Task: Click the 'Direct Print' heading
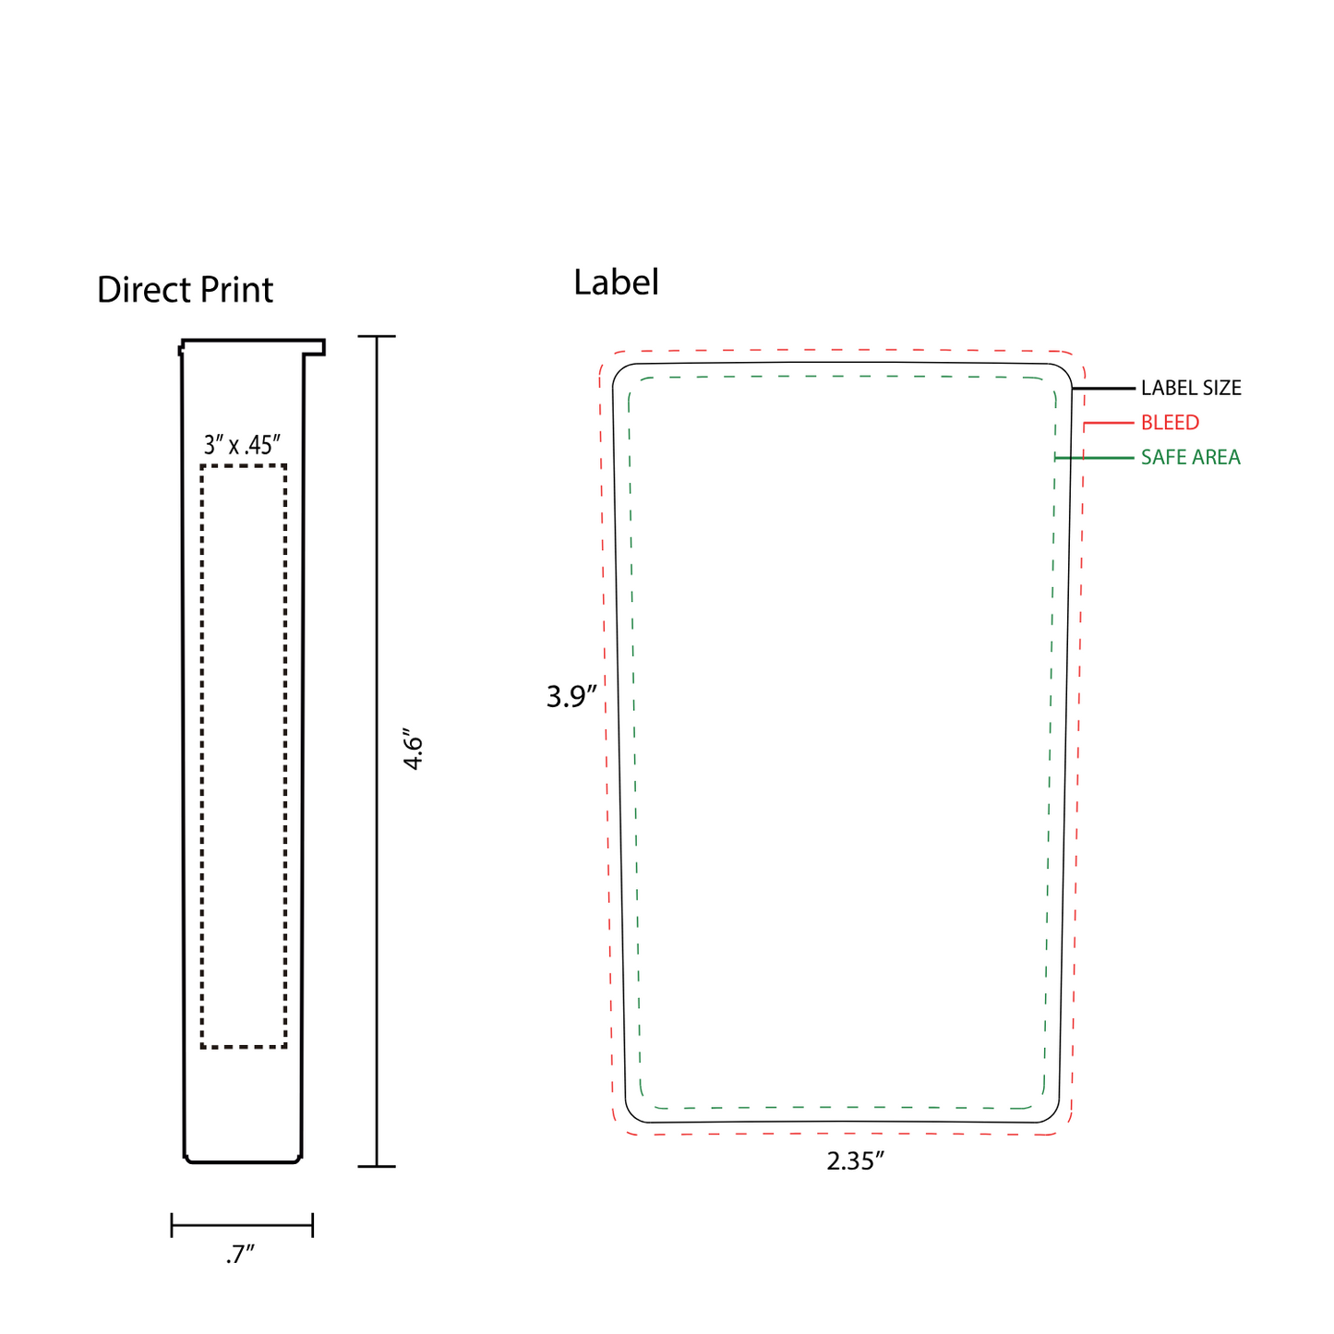coord(185,290)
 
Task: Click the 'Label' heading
coord(616,282)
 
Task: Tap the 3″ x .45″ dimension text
coord(242,446)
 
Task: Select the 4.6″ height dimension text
coord(413,752)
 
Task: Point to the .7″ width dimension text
coord(240,1256)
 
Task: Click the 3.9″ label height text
coord(572,697)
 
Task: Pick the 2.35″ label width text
coord(855,1161)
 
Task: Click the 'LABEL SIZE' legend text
coord(1191,389)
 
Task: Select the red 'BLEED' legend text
coord(1170,423)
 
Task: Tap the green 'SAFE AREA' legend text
coord(1190,458)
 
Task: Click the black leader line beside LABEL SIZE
coord(1104,389)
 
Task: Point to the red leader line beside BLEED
coord(1109,423)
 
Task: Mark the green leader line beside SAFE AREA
coord(1095,458)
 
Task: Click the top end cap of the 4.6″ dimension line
coord(377,337)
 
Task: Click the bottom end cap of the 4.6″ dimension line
coord(377,1167)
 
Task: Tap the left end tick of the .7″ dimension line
coord(172,1226)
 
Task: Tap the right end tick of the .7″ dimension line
coord(313,1226)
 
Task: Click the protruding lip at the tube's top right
coord(316,348)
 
